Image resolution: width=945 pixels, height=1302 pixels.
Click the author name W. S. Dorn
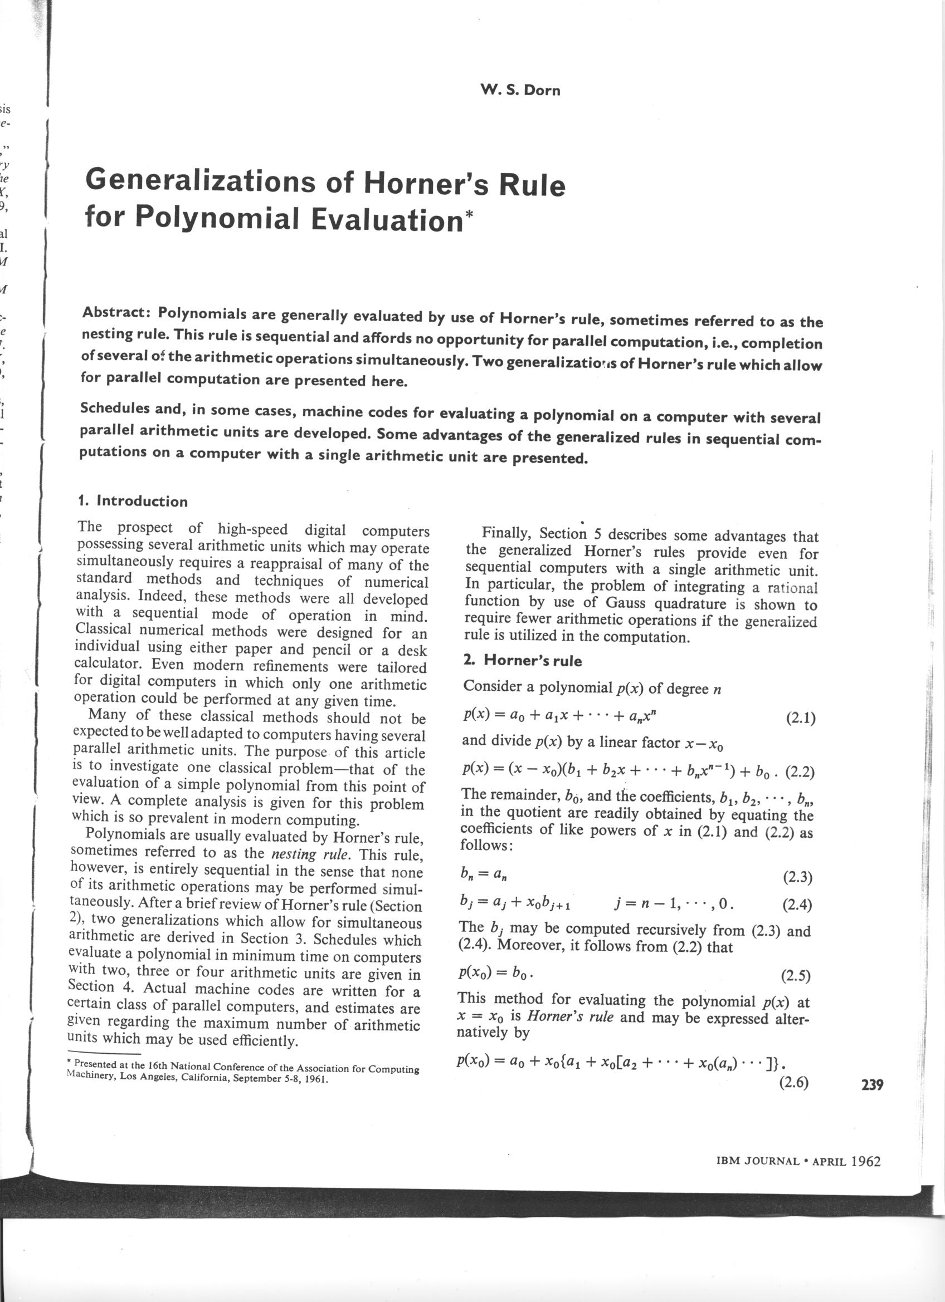point(520,90)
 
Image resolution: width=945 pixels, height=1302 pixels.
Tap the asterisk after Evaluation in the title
point(470,216)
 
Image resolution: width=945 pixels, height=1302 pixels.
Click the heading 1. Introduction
point(133,501)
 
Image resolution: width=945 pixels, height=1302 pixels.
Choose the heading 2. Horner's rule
point(522,660)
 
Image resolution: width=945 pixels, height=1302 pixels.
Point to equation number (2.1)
point(800,718)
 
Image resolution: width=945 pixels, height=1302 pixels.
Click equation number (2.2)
point(800,772)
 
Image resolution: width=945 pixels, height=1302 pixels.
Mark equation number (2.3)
point(797,877)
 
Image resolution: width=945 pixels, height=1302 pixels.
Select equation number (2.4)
point(797,905)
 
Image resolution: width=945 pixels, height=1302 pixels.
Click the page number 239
point(872,1085)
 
